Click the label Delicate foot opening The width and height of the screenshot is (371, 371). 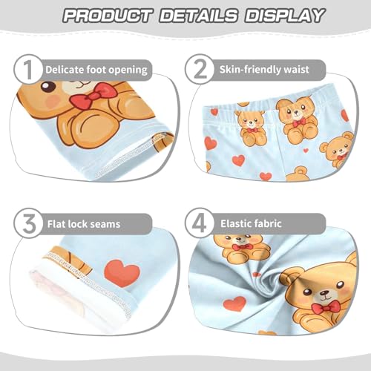pyautogui.click(x=96, y=70)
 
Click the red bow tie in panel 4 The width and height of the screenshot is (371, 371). pyautogui.click(x=325, y=306)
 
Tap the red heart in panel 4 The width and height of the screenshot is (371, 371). pyautogui.click(x=234, y=303)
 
